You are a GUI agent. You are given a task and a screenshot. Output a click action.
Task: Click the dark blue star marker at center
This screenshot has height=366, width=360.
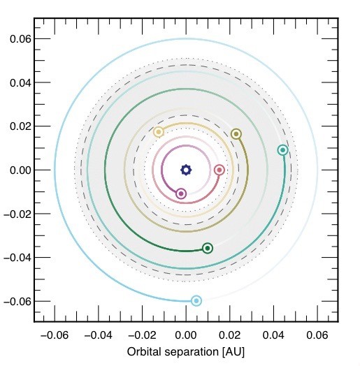tap(186, 170)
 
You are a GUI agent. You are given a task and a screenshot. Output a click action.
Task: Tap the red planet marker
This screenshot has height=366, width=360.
tap(219, 170)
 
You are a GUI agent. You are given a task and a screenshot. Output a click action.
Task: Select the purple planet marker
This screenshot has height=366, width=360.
tap(181, 193)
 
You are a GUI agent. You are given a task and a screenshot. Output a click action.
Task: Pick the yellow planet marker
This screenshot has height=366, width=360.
tap(159, 132)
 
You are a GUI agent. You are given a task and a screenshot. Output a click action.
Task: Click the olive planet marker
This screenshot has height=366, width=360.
tap(236, 134)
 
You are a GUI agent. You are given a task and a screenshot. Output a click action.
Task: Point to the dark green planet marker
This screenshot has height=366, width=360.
tap(208, 248)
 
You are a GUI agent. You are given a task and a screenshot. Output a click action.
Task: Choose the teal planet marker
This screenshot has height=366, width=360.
tap(282, 150)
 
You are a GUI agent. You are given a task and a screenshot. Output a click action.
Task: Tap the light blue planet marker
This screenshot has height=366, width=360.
tap(196, 301)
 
